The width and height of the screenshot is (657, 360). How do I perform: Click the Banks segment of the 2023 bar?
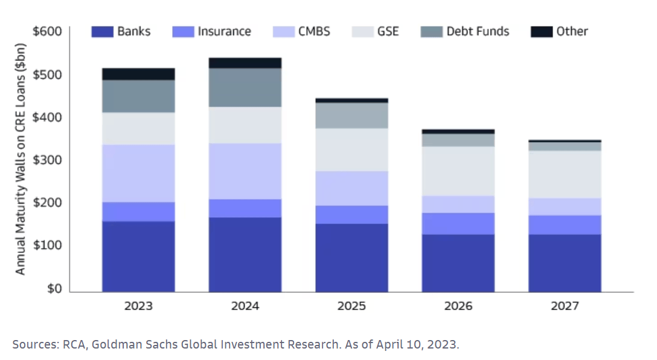pyautogui.click(x=138, y=256)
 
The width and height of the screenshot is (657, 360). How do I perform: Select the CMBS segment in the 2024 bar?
pyautogui.click(x=245, y=171)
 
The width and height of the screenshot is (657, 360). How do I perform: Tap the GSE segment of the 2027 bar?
pyautogui.click(x=565, y=174)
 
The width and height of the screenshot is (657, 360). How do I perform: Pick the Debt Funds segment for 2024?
pyautogui.click(x=245, y=88)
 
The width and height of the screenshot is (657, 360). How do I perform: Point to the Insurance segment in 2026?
pyautogui.click(x=458, y=223)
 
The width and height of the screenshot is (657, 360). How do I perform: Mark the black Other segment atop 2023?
pyautogui.click(x=138, y=74)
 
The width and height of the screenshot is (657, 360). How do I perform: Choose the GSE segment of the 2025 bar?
pyautogui.click(x=351, y=149)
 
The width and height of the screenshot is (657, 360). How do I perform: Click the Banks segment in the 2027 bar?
pyautogui.click(x=565, y=263)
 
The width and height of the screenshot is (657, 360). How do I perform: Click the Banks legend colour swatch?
pyautogui.click(x=102, y=31)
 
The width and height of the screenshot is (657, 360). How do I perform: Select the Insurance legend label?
pyautogui.click(x=224, y=31)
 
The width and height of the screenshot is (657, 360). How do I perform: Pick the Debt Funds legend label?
pyautogui.click(x=478, y=31)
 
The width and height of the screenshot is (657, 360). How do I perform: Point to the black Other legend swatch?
pyautogui.click(x=542, y=31)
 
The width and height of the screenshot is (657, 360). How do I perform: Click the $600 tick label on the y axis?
pyautogui.click(x=46, y=31)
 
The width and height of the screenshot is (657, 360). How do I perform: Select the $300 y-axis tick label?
pyautogui.click(x=46, y=160)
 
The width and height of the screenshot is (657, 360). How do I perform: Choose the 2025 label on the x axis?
pyautogui.click(x=351, y=306)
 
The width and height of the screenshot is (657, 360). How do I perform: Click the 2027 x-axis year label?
pyautogui.click(x=565, y=306)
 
